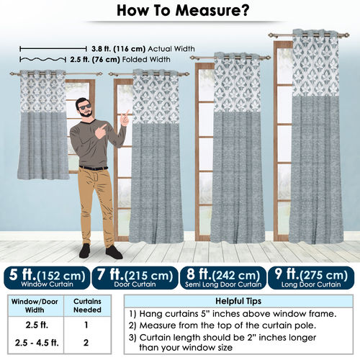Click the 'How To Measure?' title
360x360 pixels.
pyautogui.click(x=183, y=11)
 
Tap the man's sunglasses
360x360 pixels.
pyautogui.click(x=85, y=107)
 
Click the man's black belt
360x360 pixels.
pyautogui.click(x=94, y=168)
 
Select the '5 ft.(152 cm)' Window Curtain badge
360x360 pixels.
pyautogui.click(x=47, y=278)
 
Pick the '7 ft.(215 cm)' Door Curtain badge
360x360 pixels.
pyautogui.click(x=135, y=278)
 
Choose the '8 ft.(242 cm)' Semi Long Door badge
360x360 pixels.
pyautogui.click(x=223, y=278)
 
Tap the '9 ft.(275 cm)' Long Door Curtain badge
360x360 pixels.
pyautogui.click(x=311, y=278)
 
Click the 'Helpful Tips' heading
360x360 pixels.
pyautogui.click(x=238, y=301)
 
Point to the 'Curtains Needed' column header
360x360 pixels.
pyautogui.click(x=87, y=305)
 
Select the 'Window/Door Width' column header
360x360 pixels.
pyautogui.click(x=35, y=305)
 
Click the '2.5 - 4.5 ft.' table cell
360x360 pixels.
pyautogui.click(x=37, y=343)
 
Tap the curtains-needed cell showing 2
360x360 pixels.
pyautogui.click(x=86, y=343)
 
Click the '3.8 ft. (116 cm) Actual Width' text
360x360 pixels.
pyautogui.click(x=143, y=49)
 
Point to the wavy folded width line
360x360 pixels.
pyautogui.click(x=42, y=59)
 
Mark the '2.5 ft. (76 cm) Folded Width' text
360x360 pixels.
pyautogui.click(x=120, y=59)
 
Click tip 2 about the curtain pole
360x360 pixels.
pyautogui.click(x=222, y=325)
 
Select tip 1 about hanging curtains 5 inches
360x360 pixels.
pyautogui.click(x=233, y=314)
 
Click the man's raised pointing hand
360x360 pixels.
pyautogui.click(x=125, y=119)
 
